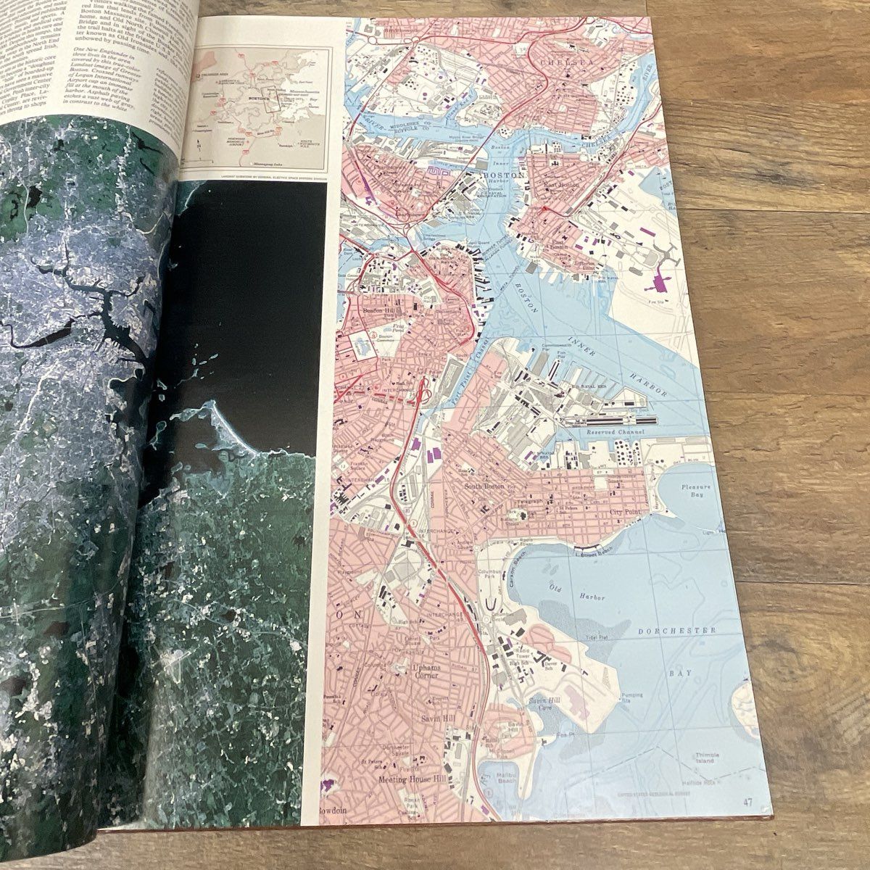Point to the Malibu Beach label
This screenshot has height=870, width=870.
(510, 779)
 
